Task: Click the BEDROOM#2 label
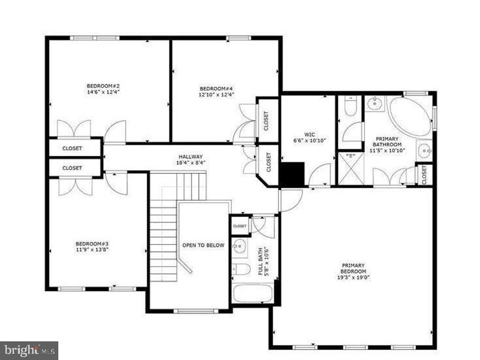pos(103,86)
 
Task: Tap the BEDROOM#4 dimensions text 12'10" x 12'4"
pos(216,95)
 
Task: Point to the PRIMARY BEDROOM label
pos(353,268)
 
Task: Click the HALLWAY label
pos(190,157)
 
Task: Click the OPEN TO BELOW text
pos(203,245)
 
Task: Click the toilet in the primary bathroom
pos(351,106)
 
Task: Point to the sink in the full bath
pos(240,246)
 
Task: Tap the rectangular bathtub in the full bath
pos(252,293)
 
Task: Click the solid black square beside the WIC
pos(292,173)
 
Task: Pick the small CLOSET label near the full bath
pos(240,226)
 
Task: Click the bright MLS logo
pos(29,350)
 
